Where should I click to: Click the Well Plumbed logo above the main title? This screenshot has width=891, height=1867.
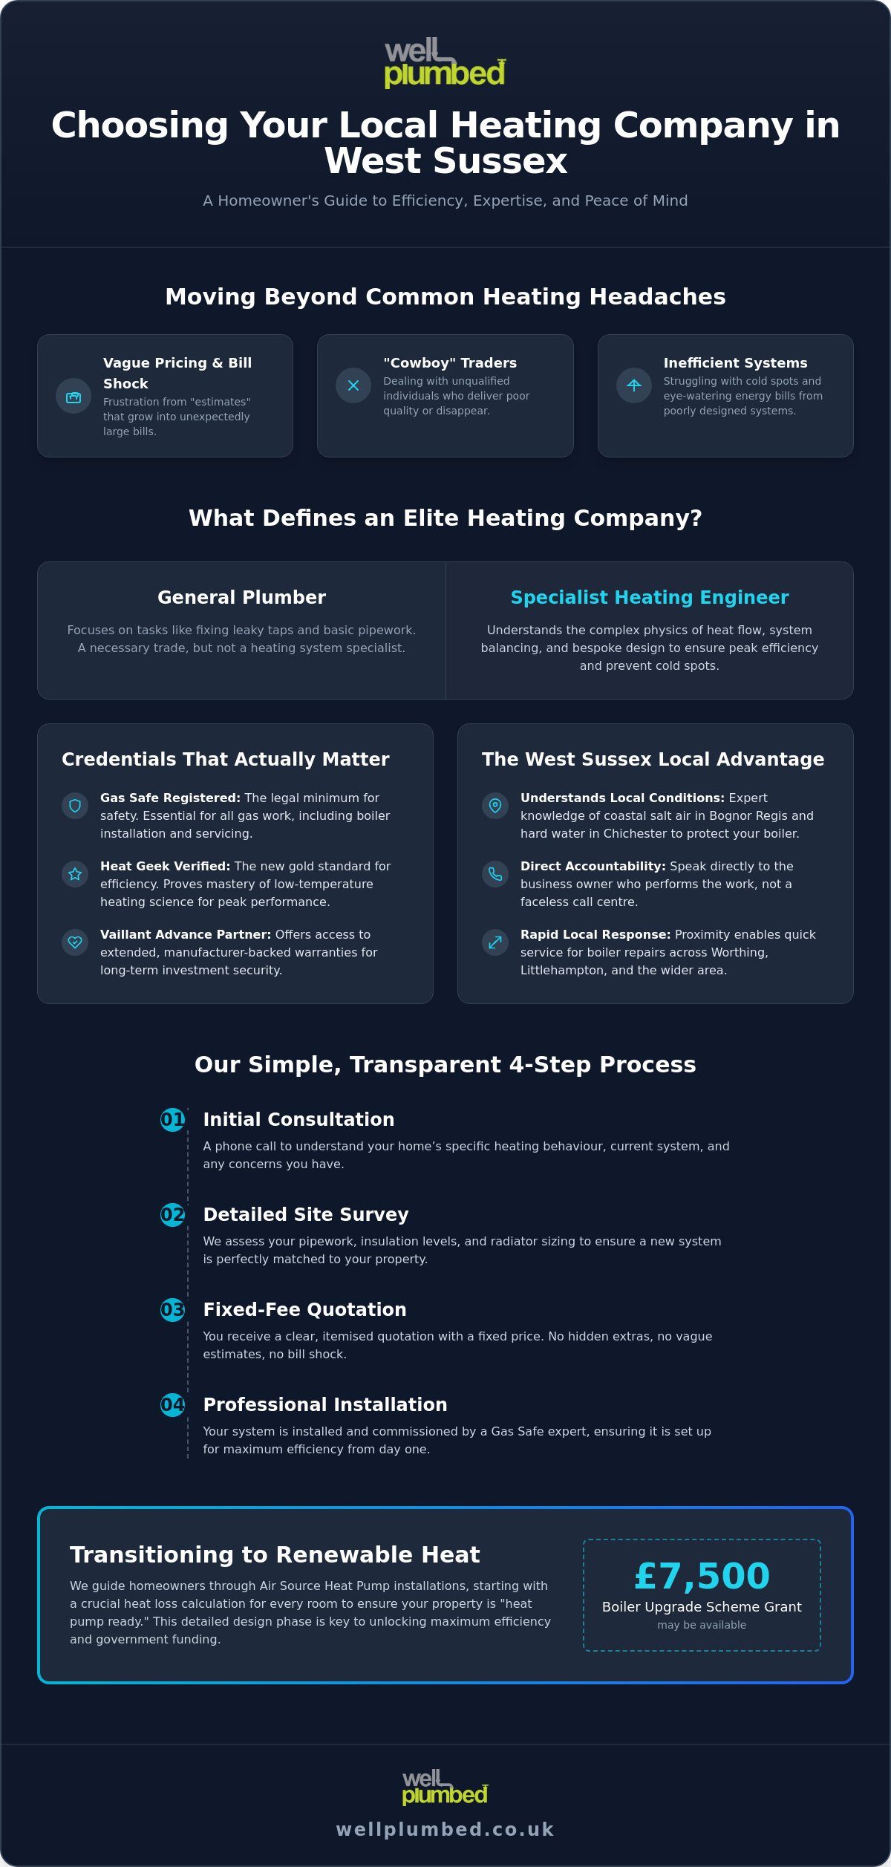[446, 63]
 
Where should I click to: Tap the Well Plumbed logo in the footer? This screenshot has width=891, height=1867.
[446, 1787]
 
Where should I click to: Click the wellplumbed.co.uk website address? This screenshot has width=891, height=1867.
[446, 1829]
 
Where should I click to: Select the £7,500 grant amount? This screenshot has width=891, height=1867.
[702, 1576]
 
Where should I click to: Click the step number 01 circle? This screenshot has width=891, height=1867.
[172, 1119]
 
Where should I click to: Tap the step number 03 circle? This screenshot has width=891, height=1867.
[172, 1309]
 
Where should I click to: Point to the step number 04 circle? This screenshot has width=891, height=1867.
[172, 1404]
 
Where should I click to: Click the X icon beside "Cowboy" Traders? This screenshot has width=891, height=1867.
[353, 385]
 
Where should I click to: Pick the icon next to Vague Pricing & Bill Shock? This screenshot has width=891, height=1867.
[74, 396]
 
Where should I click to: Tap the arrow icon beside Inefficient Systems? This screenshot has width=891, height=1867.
[634, 385]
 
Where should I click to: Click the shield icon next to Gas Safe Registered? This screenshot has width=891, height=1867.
[75, 806]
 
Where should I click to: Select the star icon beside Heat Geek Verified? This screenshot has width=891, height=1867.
[75, 874]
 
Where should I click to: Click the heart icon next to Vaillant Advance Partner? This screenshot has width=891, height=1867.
[75, 942]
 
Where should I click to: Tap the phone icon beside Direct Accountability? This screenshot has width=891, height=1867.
[495, 874]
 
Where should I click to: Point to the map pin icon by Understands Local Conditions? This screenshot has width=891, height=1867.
[495, 806]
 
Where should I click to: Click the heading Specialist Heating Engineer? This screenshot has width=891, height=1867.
[650, 598]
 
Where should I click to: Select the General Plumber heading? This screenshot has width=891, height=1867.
[241, 598]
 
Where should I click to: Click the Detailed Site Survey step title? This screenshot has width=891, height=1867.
[306, 1215]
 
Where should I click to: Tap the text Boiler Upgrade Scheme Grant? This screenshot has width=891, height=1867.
[702, 1607]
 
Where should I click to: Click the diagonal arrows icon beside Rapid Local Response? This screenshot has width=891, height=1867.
[495, 942]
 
